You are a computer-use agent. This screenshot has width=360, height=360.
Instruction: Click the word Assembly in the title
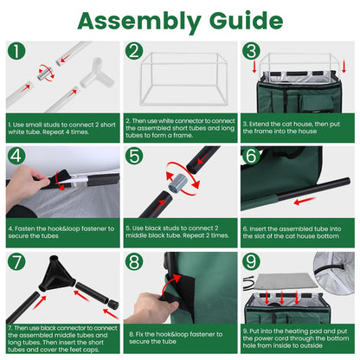pos(139,21)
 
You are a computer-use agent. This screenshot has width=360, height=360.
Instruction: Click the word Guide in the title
pos(246,20)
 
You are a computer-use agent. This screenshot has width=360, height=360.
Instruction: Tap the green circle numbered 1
pos(16,51)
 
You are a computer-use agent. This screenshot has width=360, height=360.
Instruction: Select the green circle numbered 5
pos(134,156)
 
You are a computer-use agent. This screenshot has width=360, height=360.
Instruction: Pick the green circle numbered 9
pos(251,261)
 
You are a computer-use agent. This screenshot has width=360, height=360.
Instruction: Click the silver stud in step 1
pos(44,74)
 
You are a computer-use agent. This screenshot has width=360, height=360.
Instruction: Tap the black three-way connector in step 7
pos(56,273)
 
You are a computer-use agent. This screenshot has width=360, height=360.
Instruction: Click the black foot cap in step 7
pos(113,304)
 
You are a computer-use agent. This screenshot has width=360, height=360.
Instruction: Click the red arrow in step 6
pos(305,201)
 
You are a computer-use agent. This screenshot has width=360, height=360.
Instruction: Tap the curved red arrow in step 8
pos(170,285)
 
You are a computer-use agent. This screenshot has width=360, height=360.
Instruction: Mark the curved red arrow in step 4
pos(60,181)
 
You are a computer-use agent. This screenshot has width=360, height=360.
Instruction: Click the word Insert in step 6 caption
pos(258,228)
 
